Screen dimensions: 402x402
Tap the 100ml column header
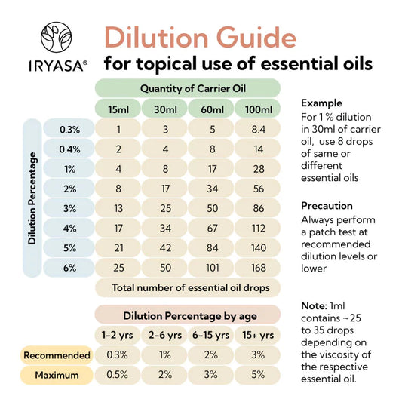point(258,109)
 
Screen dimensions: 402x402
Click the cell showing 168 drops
point(258,266)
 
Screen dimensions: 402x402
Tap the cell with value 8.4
point(258,129)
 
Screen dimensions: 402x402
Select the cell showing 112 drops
point(258,227)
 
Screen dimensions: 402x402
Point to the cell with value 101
point(211,266)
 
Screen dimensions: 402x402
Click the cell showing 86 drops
point(258,207)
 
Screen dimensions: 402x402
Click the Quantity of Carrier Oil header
point(188,87)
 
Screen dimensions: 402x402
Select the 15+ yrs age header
point(258,335)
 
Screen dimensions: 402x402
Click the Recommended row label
point(57,354)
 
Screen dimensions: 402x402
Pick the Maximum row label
point(57,374)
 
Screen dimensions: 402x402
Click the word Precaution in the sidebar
point(327,205)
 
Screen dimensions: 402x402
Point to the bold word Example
point(321,103)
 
